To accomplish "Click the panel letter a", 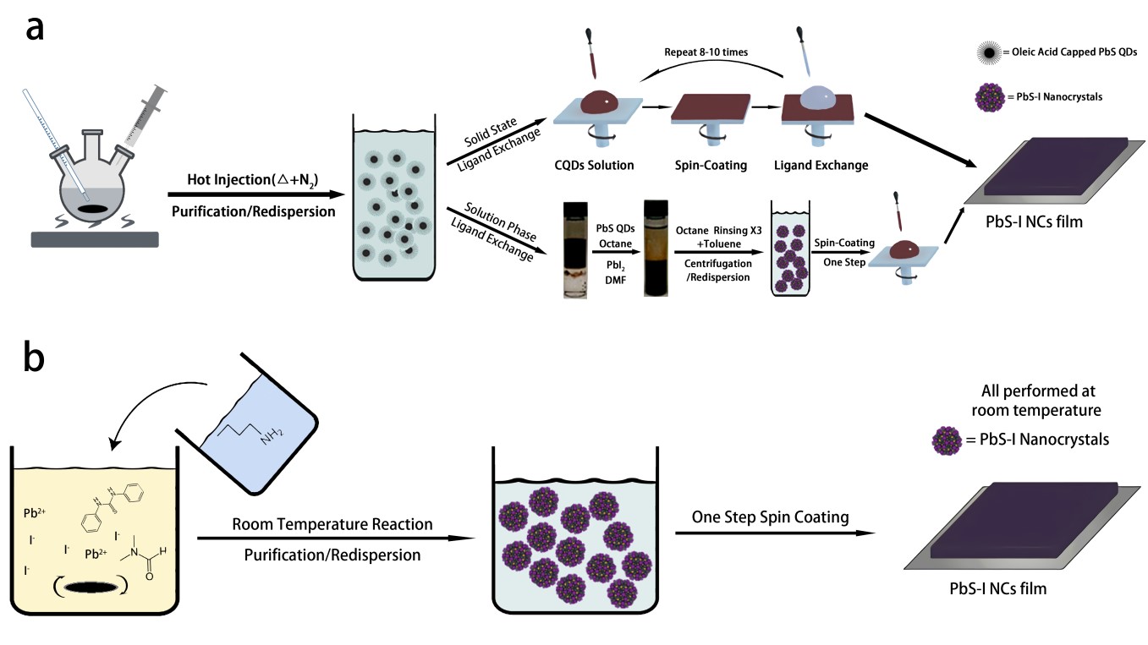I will tap(35, 27).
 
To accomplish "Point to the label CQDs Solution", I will tap(593, 165).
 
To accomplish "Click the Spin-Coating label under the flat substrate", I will tap(709, 165).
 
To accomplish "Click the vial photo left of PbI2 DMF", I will tap(575, 250).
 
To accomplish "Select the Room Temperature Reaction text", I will tap(332, 525).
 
